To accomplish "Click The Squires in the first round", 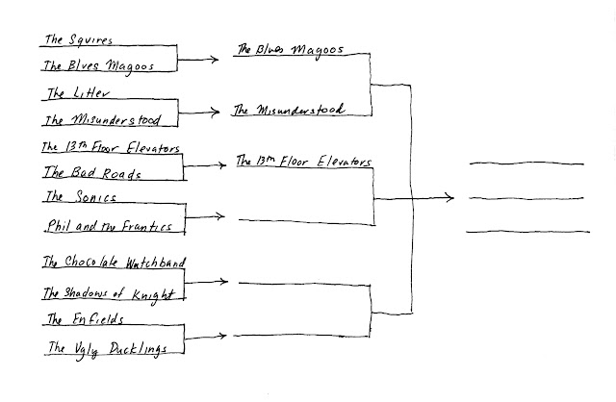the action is coord(79,39).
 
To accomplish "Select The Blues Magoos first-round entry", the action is coord(98,65).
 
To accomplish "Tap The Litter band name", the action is coord(78,93).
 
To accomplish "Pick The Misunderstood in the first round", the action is coord(103,120).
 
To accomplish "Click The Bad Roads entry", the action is coord(92,172).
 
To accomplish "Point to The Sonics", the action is coord(81,196).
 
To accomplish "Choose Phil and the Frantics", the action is coord(110,226).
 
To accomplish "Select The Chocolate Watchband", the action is coord(114,262).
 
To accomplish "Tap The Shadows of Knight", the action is coord(109,293).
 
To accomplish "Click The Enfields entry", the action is coord(86,318).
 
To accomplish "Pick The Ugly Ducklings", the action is coord(108,348).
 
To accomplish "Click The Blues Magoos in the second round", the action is coord(291,50).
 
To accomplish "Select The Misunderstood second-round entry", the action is coord(289,110).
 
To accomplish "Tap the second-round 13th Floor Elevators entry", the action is coord(304,161).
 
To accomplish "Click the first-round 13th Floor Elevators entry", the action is coord(111,147).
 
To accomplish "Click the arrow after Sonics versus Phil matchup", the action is coord(205,216).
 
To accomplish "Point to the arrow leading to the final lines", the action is coord(414,198).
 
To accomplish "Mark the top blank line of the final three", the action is coord(526,163).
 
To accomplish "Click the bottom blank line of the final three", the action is coord(528,232).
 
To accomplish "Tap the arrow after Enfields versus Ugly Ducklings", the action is coord(205,337).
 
